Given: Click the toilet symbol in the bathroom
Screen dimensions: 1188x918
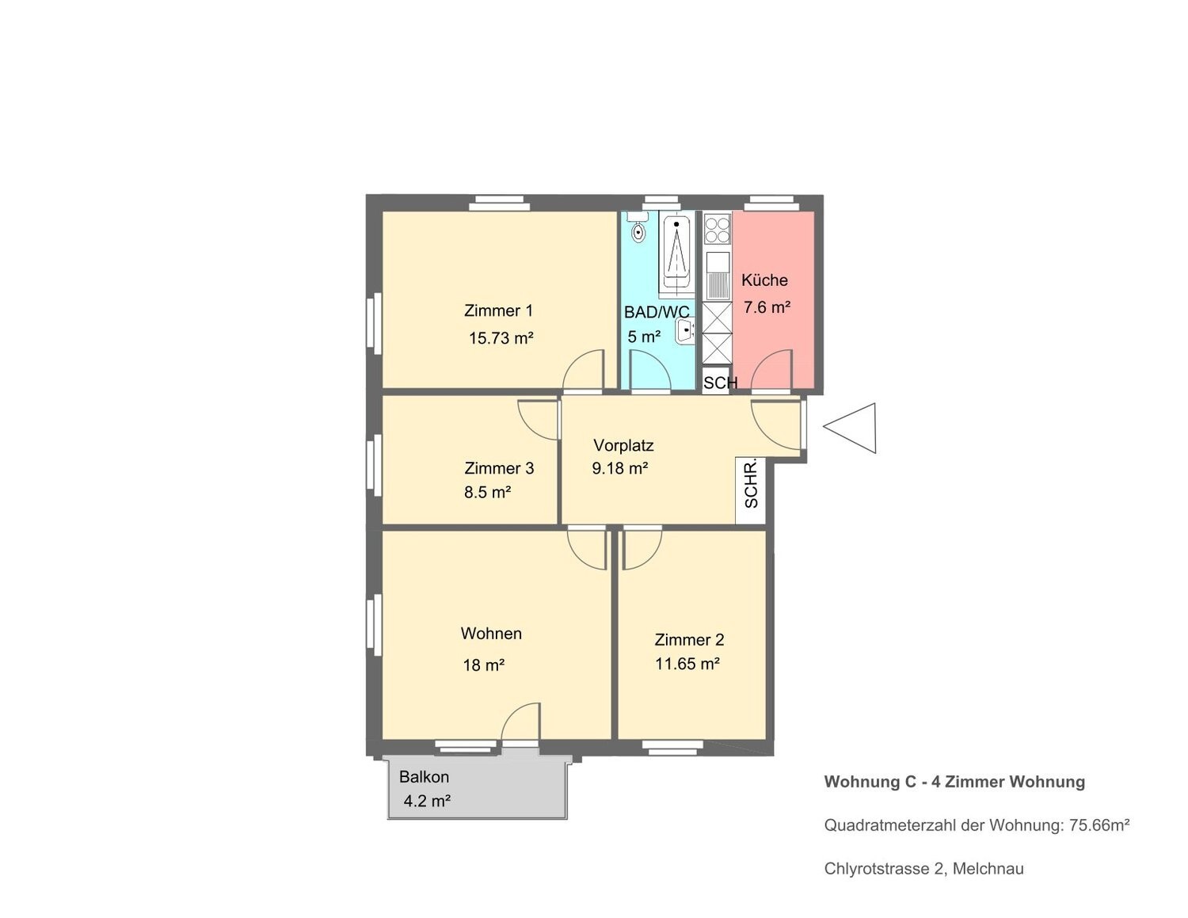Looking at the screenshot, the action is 638,229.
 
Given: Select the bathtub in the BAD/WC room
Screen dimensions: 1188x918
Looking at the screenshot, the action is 677,253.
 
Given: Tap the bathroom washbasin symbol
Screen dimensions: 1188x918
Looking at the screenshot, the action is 685,331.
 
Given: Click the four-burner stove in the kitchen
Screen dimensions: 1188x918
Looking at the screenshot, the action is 718,230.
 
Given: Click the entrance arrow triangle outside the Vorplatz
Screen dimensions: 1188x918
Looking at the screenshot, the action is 850,428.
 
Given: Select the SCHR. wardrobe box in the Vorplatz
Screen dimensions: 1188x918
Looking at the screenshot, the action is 751,490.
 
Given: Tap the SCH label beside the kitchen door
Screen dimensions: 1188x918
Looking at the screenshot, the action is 720,383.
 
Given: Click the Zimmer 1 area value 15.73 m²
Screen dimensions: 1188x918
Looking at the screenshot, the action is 501,338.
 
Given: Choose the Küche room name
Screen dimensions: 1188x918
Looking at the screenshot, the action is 764,280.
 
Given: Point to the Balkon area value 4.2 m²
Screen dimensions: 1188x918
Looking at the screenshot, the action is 427,802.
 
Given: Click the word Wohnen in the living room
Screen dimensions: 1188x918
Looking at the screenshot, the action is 491,633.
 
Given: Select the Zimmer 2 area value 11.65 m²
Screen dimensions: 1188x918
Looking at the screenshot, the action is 687,664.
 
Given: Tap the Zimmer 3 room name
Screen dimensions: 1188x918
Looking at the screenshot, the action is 499,468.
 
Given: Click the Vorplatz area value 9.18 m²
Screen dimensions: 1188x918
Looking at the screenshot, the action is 620,468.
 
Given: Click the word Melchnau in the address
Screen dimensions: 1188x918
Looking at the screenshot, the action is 988,869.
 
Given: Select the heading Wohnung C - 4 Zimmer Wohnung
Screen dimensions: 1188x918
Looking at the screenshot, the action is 954,782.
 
